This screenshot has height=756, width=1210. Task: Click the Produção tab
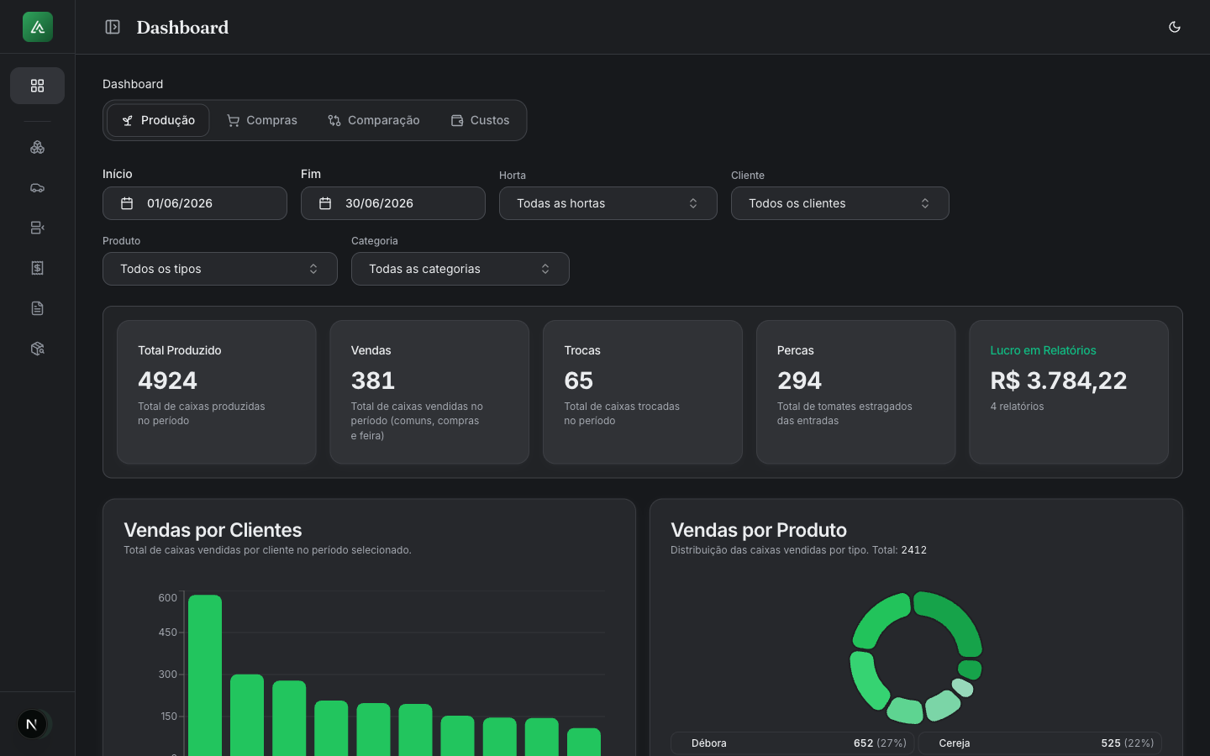click(158, 120)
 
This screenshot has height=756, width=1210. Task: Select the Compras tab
click(262, 120)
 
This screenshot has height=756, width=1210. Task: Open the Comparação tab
click(374, 120)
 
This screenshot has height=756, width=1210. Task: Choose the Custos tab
click(481, 120)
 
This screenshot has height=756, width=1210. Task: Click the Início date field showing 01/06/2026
click(194, 203)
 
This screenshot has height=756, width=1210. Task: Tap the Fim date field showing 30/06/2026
click(392, 203)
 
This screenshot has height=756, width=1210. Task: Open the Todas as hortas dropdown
click(608, 203)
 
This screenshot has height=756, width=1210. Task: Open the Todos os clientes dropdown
click(839, 203)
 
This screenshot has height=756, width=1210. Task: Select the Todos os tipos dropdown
click(220, 269)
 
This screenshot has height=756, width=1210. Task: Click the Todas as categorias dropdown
click(460, 269)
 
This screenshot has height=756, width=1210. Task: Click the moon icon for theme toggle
click(1175, 27)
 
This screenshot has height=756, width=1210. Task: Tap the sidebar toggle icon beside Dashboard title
click(113, 27)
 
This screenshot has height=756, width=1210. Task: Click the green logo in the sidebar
click(38, 27)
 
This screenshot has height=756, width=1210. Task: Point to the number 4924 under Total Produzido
click(167, 381)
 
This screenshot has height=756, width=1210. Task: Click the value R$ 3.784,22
click(1058, 381)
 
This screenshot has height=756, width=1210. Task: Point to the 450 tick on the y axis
click(167, 633)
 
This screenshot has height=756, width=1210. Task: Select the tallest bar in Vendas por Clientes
click(205, 675)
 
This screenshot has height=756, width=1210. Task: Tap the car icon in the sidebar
click(37, 188)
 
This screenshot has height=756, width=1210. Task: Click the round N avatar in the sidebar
click(32, 724)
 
